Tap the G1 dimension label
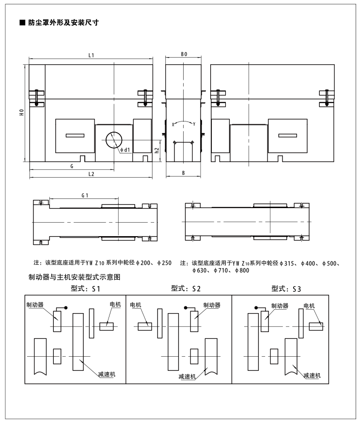coord(84,195)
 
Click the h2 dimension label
coord(157,150)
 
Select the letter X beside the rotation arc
coord(172,124)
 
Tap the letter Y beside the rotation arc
coord(194,124)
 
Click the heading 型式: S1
coord(85,289)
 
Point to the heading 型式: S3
coord(286,289)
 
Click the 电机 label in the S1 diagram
coord(115,304)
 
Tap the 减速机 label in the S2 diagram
coord(187,376)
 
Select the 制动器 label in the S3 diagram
coord(280,306)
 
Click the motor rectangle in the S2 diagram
coord(145,326)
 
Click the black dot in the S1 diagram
coord(66,308)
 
